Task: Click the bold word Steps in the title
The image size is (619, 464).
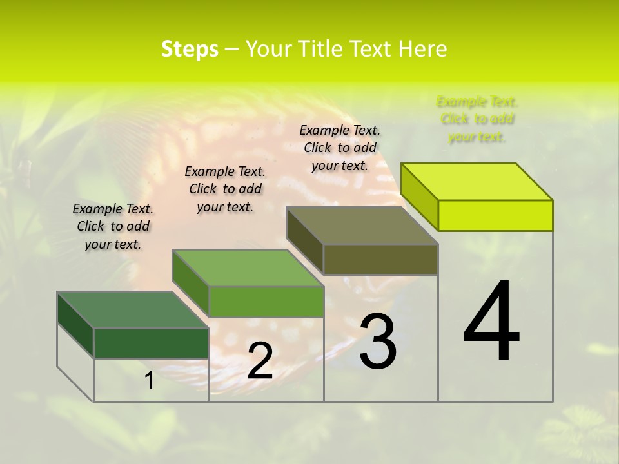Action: [190, 49]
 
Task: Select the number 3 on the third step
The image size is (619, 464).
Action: [378, 342]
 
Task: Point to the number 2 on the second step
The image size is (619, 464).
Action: [260, 361]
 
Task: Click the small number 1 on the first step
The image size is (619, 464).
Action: [150, 381]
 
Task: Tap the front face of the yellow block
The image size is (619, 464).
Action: [495, 215]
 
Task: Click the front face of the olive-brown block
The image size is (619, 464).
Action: [380, 259]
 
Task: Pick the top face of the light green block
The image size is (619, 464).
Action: [248, 268]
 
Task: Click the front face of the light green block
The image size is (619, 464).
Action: [266, 302]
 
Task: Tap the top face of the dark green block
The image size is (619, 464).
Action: [133, 310]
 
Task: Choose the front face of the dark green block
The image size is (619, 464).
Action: [151, 343]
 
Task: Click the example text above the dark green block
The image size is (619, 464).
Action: [113, 227]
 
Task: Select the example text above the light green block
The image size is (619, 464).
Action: [225, 189]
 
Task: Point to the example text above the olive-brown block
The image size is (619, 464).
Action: [340, 148]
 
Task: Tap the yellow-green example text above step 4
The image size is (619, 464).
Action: [477, 119]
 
